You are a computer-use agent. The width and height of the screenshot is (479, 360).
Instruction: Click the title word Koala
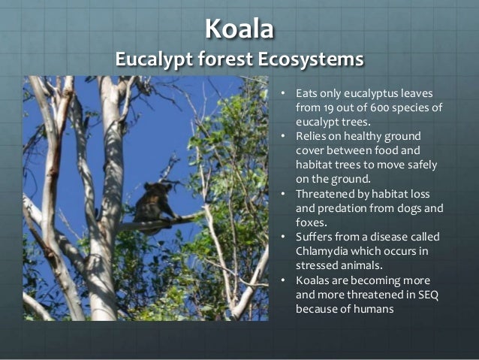point(239,29)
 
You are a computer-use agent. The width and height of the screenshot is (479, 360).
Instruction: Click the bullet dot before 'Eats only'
point(283,94)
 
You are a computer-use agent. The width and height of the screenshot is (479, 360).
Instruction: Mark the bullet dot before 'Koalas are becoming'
point(283,280)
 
